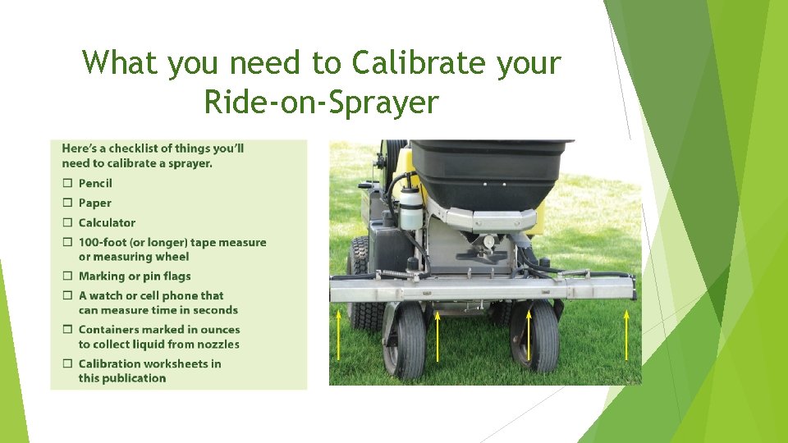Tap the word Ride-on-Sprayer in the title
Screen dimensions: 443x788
pos(321,103)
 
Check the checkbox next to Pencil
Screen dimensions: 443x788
pos(67,183)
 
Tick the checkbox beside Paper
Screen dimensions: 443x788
pos(67,203)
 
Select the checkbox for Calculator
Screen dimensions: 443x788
pos(67,222)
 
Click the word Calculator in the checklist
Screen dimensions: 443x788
pos(107,222)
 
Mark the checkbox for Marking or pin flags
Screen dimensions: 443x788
pos(67,276)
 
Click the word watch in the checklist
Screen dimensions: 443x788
pos(107,295)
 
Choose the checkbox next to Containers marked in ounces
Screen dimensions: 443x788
pos(67,330)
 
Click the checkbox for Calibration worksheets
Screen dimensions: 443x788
pos(67,364)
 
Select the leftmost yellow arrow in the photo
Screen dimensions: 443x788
pos(337,334)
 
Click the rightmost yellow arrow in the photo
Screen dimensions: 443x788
pos(627,334)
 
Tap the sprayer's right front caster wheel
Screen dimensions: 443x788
pos(534,336)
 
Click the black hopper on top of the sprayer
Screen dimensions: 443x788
pos(489,172)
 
